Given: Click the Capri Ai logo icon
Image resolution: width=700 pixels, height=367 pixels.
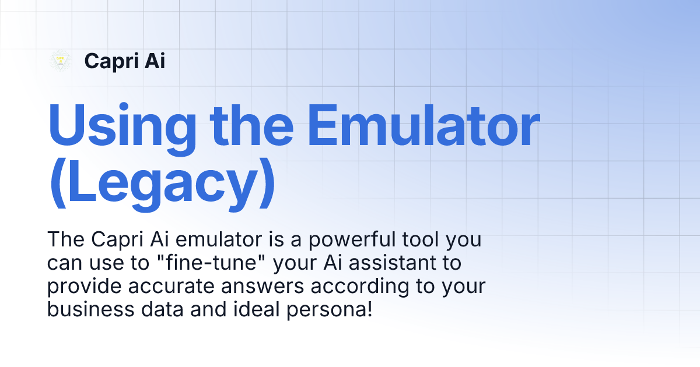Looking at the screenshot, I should pyautogui.click(x=60, y=61).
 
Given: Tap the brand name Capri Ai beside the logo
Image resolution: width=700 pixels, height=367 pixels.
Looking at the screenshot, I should pyautogui.click(x=124, y=61).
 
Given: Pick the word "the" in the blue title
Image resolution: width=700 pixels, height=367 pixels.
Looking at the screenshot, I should pyautogui.click(x=254, y=127).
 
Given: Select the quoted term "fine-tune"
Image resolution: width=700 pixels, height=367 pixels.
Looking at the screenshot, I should pyautogui.click(x=213, y=263).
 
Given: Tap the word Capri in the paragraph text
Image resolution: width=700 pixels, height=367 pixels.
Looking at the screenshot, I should pyautogui.click(x=111, y=239).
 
